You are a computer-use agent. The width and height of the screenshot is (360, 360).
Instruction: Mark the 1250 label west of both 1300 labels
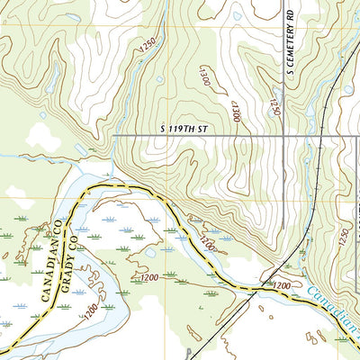pos(148,50)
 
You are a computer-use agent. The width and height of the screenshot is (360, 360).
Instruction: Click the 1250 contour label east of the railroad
pos(343,236)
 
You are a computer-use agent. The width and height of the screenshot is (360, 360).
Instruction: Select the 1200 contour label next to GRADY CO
pos(90,311)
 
